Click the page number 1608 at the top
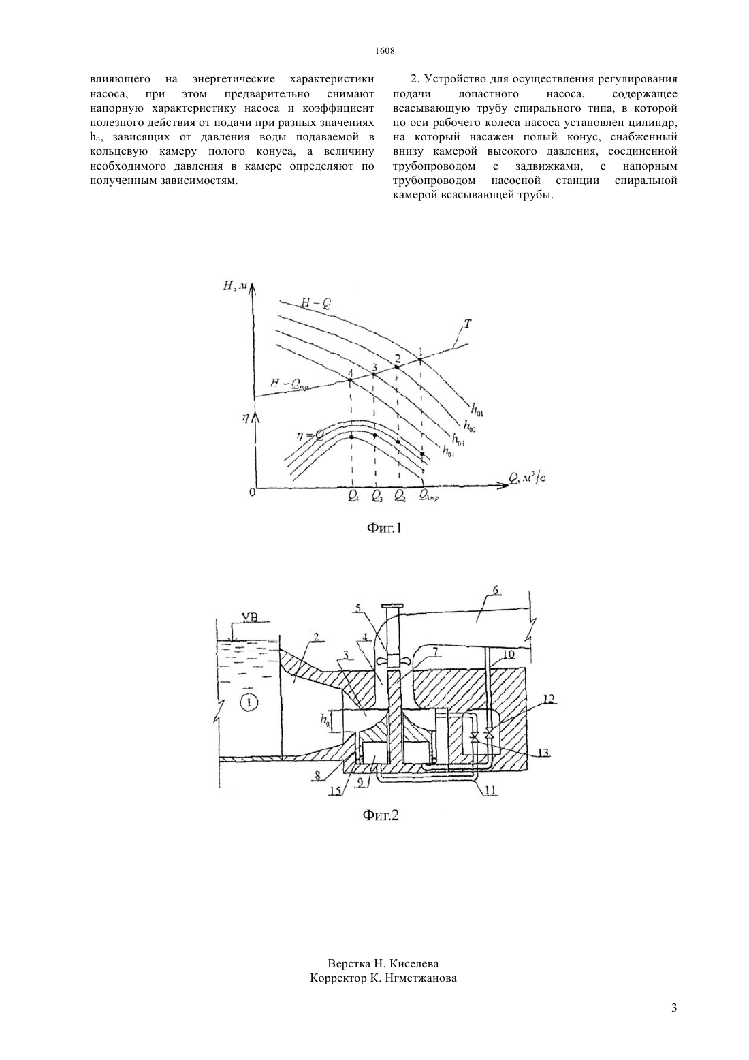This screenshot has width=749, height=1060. (x=385, y=51)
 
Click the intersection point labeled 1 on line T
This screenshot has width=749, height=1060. (x=420, y=360)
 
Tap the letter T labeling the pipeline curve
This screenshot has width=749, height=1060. (x=467, y=324)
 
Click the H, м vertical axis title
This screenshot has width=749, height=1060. (x=236, y=285)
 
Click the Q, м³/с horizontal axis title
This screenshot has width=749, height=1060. (x=527, y=478)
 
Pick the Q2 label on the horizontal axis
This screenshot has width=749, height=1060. (x=400, y=495)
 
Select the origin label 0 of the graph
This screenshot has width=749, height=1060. (x=252, y=493)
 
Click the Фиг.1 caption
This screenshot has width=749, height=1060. (x=384, y=528)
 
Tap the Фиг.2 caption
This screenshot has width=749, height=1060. (x=381, y=815)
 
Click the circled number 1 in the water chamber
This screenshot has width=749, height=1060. (x=250, y=704)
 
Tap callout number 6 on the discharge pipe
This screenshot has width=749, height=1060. (x=496, y=590)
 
